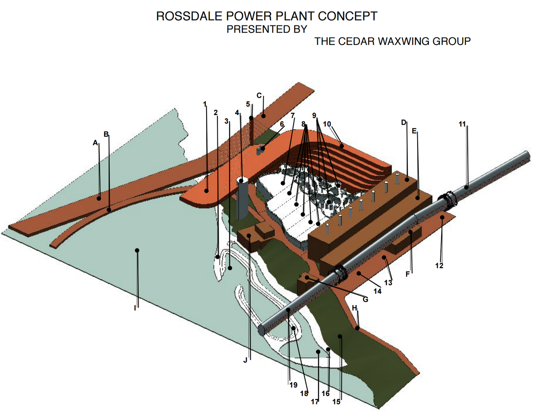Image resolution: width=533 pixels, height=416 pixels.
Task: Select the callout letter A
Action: [95, 143]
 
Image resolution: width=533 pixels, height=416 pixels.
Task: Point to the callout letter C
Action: [259, 95]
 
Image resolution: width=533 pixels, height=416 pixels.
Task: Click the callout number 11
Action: [462, 124]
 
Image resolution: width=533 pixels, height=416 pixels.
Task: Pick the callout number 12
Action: [439, 266]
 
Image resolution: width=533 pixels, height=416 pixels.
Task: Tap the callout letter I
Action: [135, 308]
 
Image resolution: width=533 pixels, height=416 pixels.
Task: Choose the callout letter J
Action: [246, 360]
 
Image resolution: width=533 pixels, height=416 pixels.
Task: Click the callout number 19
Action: [294, 385]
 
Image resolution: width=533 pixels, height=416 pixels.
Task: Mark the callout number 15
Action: [336, 402]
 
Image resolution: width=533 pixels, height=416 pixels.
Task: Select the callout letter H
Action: [354, 308]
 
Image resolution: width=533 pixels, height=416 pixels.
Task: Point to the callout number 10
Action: [327, 124]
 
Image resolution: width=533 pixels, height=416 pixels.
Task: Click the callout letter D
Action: [403, 123]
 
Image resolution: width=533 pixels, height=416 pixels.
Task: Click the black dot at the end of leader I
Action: [137, 251]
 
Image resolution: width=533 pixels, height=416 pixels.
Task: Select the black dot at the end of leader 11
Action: [466, 187]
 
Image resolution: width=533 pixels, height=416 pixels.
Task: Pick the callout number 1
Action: [205, 104]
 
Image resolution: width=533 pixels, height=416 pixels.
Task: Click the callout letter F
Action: [408, 274]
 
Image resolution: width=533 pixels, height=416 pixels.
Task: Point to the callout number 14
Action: [377, 291]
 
